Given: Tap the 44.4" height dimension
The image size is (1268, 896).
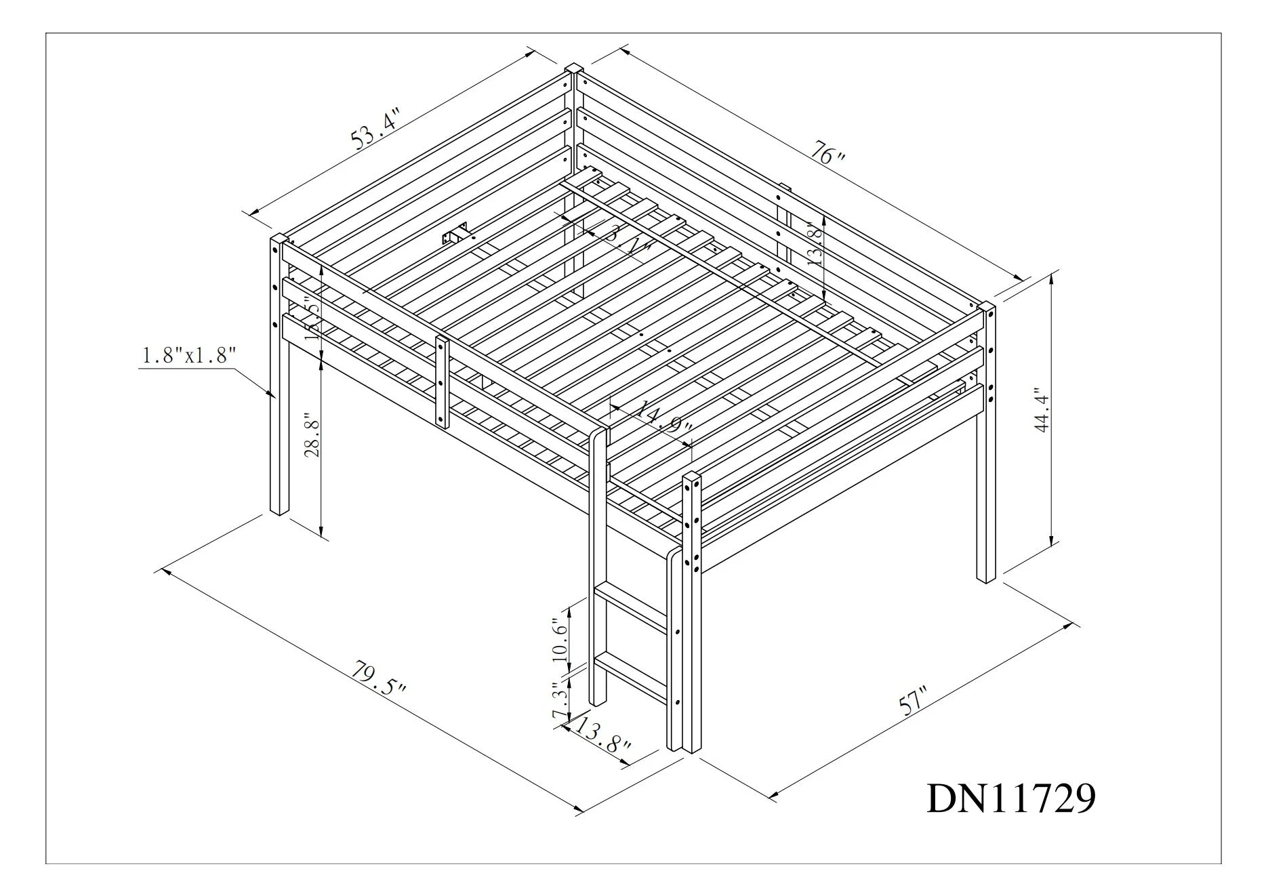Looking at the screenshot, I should [x=1042, y=409].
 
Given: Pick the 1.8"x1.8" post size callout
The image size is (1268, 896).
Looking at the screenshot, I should [x=188, y=354].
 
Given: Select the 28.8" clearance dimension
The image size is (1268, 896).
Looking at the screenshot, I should [x=311, y=435].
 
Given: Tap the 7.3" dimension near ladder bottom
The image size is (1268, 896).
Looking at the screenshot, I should [x=559, y=702].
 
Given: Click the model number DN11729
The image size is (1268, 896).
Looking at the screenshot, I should [x=1010, y=798].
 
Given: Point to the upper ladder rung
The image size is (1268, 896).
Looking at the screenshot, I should [x=631, y=609].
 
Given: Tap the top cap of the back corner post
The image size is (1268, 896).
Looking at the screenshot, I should [x=574, y=68].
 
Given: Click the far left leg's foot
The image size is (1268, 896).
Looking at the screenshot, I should [x=279, y=508].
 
